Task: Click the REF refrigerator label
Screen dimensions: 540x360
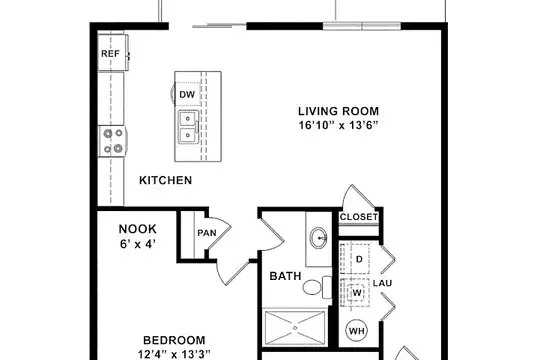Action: click(110, 54)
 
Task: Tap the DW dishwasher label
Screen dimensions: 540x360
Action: click(187, 94)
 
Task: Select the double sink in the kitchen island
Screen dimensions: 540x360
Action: click(188, 127)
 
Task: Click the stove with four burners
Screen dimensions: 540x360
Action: click(113, 141)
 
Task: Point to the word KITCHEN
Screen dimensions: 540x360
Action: click(165, 180)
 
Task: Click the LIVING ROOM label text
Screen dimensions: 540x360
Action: click(338, 111)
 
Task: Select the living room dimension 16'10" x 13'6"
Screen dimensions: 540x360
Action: click(338, 125)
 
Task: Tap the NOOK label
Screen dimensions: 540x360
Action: click(137, 229)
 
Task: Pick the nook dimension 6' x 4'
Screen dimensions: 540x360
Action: click(138, 244)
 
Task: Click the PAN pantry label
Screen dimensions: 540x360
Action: click(207, 233)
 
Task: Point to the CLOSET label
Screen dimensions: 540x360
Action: click(359, 217)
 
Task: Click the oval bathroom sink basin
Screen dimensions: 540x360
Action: click(319, 238)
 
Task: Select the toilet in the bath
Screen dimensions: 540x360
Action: click(317, 287)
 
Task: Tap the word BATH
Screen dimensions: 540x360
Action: click(285, 276)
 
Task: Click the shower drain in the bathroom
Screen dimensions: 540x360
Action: click(295, 328)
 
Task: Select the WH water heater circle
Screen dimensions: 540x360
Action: click(356, 331)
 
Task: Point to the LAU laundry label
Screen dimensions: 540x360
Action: click(382, 284)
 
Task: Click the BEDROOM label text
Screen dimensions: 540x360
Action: click(174, 340)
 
